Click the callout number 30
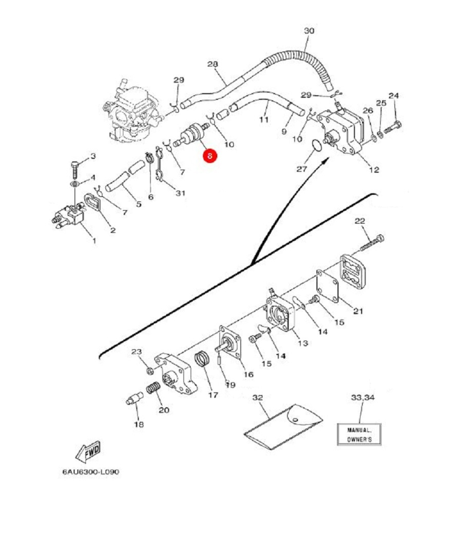point(309,31)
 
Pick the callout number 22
point(360,221)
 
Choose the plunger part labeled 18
point(133,399)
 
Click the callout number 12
point(374,170)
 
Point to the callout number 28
point(213,64)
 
